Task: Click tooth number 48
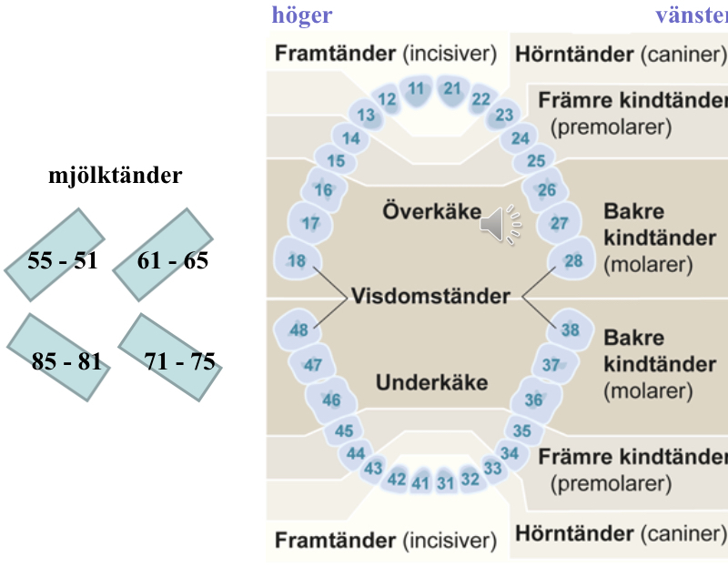pyautogui.click(x=298, y=330)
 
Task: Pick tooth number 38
pyautogui.click(x=571, y=330)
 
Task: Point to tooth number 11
pyautogui.click(x=417, y=89)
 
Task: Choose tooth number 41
pyautogui.click(x=420, y=483)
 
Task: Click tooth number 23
pyautogui.click(x=504, y=115)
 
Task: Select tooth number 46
pyautogui.click(x=331, y=400)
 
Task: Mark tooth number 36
pyautogui.click(x=534, y=400)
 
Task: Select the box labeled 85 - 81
pyautogui.click(x=66, y=361)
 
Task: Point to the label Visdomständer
pyautogui.click(x=430, y=297)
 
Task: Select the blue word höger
pyautogui.click(x=302, y=15)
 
